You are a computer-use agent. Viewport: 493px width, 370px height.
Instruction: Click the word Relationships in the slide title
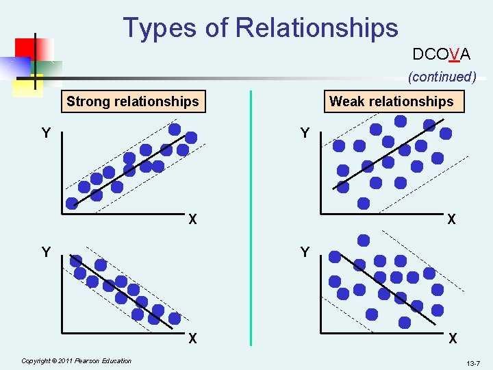pyautogui.click(x=316, y=27)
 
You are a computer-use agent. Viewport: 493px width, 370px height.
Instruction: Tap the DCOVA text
pyautogui.click(x=441, y=54)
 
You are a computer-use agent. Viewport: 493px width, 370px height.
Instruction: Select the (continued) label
pyautogui.click(x=442, y=77)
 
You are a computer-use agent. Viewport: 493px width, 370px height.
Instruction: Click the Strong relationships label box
pyautogui.click(x=132, y=102)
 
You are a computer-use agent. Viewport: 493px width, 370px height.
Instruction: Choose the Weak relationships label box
pyautogui.click(x=392, y=102)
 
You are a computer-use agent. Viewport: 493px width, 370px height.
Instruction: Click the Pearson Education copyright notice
pyautogui.click(x=76, y=360)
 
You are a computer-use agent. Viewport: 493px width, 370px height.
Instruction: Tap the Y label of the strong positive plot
pyautogui.click(x=46, y=133)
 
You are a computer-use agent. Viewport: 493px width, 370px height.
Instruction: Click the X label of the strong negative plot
pyautogui.click(x=193, y=338)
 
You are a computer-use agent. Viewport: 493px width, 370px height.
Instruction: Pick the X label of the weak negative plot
pyautogui.click(x=451, y=338)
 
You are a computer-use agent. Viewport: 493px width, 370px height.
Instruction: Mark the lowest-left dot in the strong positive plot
pyautogui.click(x=72, y=203)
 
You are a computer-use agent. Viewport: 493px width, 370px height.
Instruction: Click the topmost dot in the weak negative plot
pyautogui.click(x=364, y=241)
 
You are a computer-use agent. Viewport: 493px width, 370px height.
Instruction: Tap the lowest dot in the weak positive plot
pyautogui.click(x=364, y=203)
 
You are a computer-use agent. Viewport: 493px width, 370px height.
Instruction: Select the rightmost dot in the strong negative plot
pyautogui.click(x=175, y=318)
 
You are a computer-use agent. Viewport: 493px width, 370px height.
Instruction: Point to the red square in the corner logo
pyautogui.click(x=26, y=49)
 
